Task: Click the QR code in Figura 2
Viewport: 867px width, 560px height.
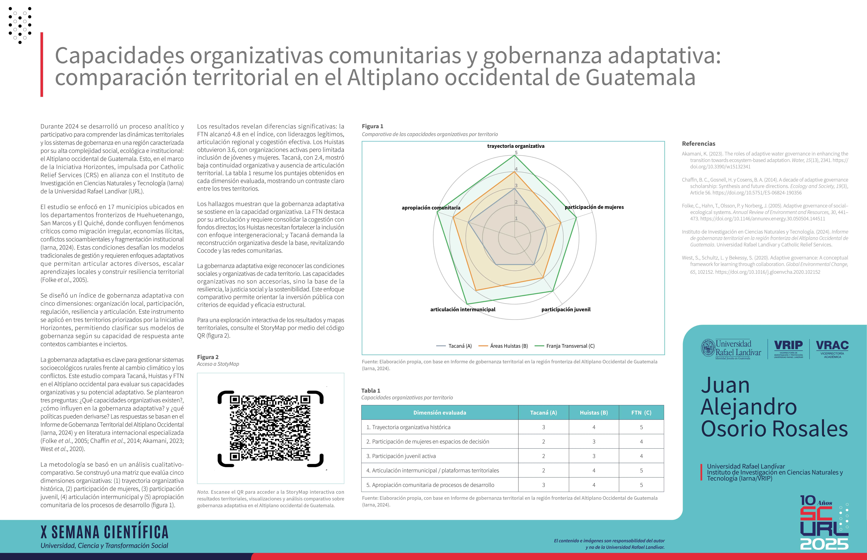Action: click(x=270, y=428)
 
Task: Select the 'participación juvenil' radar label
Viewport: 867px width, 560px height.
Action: click(x=566, y=309)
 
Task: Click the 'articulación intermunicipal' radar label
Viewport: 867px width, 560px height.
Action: click(x=463, y=309)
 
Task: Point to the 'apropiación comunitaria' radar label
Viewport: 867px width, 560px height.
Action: click(x=431, y=208)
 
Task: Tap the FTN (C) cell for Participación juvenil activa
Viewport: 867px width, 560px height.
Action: click(x=641, y=456)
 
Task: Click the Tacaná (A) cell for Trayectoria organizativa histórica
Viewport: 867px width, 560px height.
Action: click(x=543, y=427)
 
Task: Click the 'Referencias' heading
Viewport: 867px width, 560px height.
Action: click(x=698, y=144)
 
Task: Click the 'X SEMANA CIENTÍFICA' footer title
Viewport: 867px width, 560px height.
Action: click(x=105, y=532)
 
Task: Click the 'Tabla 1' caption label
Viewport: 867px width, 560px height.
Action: click(x=371, y=391)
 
